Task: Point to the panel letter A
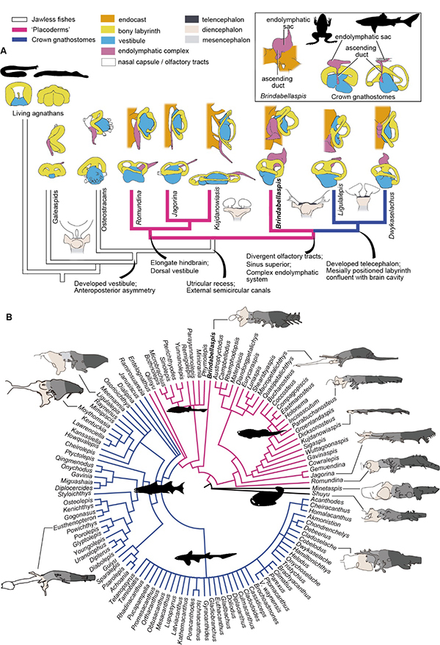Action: coord(6,51)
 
